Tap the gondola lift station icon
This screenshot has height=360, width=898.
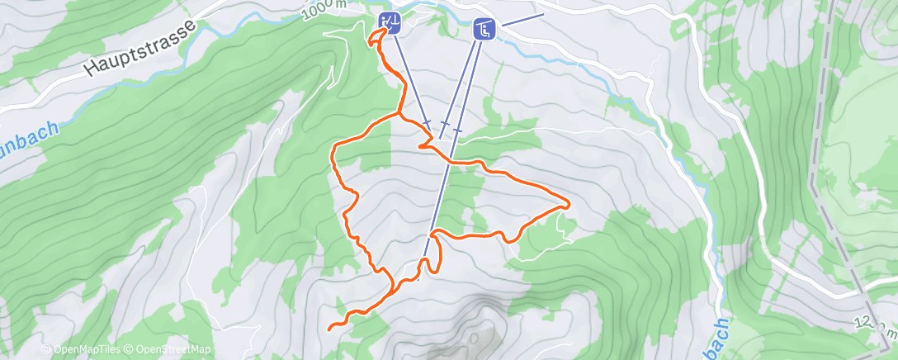point(390,22)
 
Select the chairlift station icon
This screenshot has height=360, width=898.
point(484,30)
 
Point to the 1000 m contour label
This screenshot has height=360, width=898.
point(324,7)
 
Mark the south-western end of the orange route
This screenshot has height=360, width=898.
point(330,329)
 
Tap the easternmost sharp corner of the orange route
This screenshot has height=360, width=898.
point(569,202)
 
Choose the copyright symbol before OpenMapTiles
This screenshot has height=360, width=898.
point(46,349)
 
